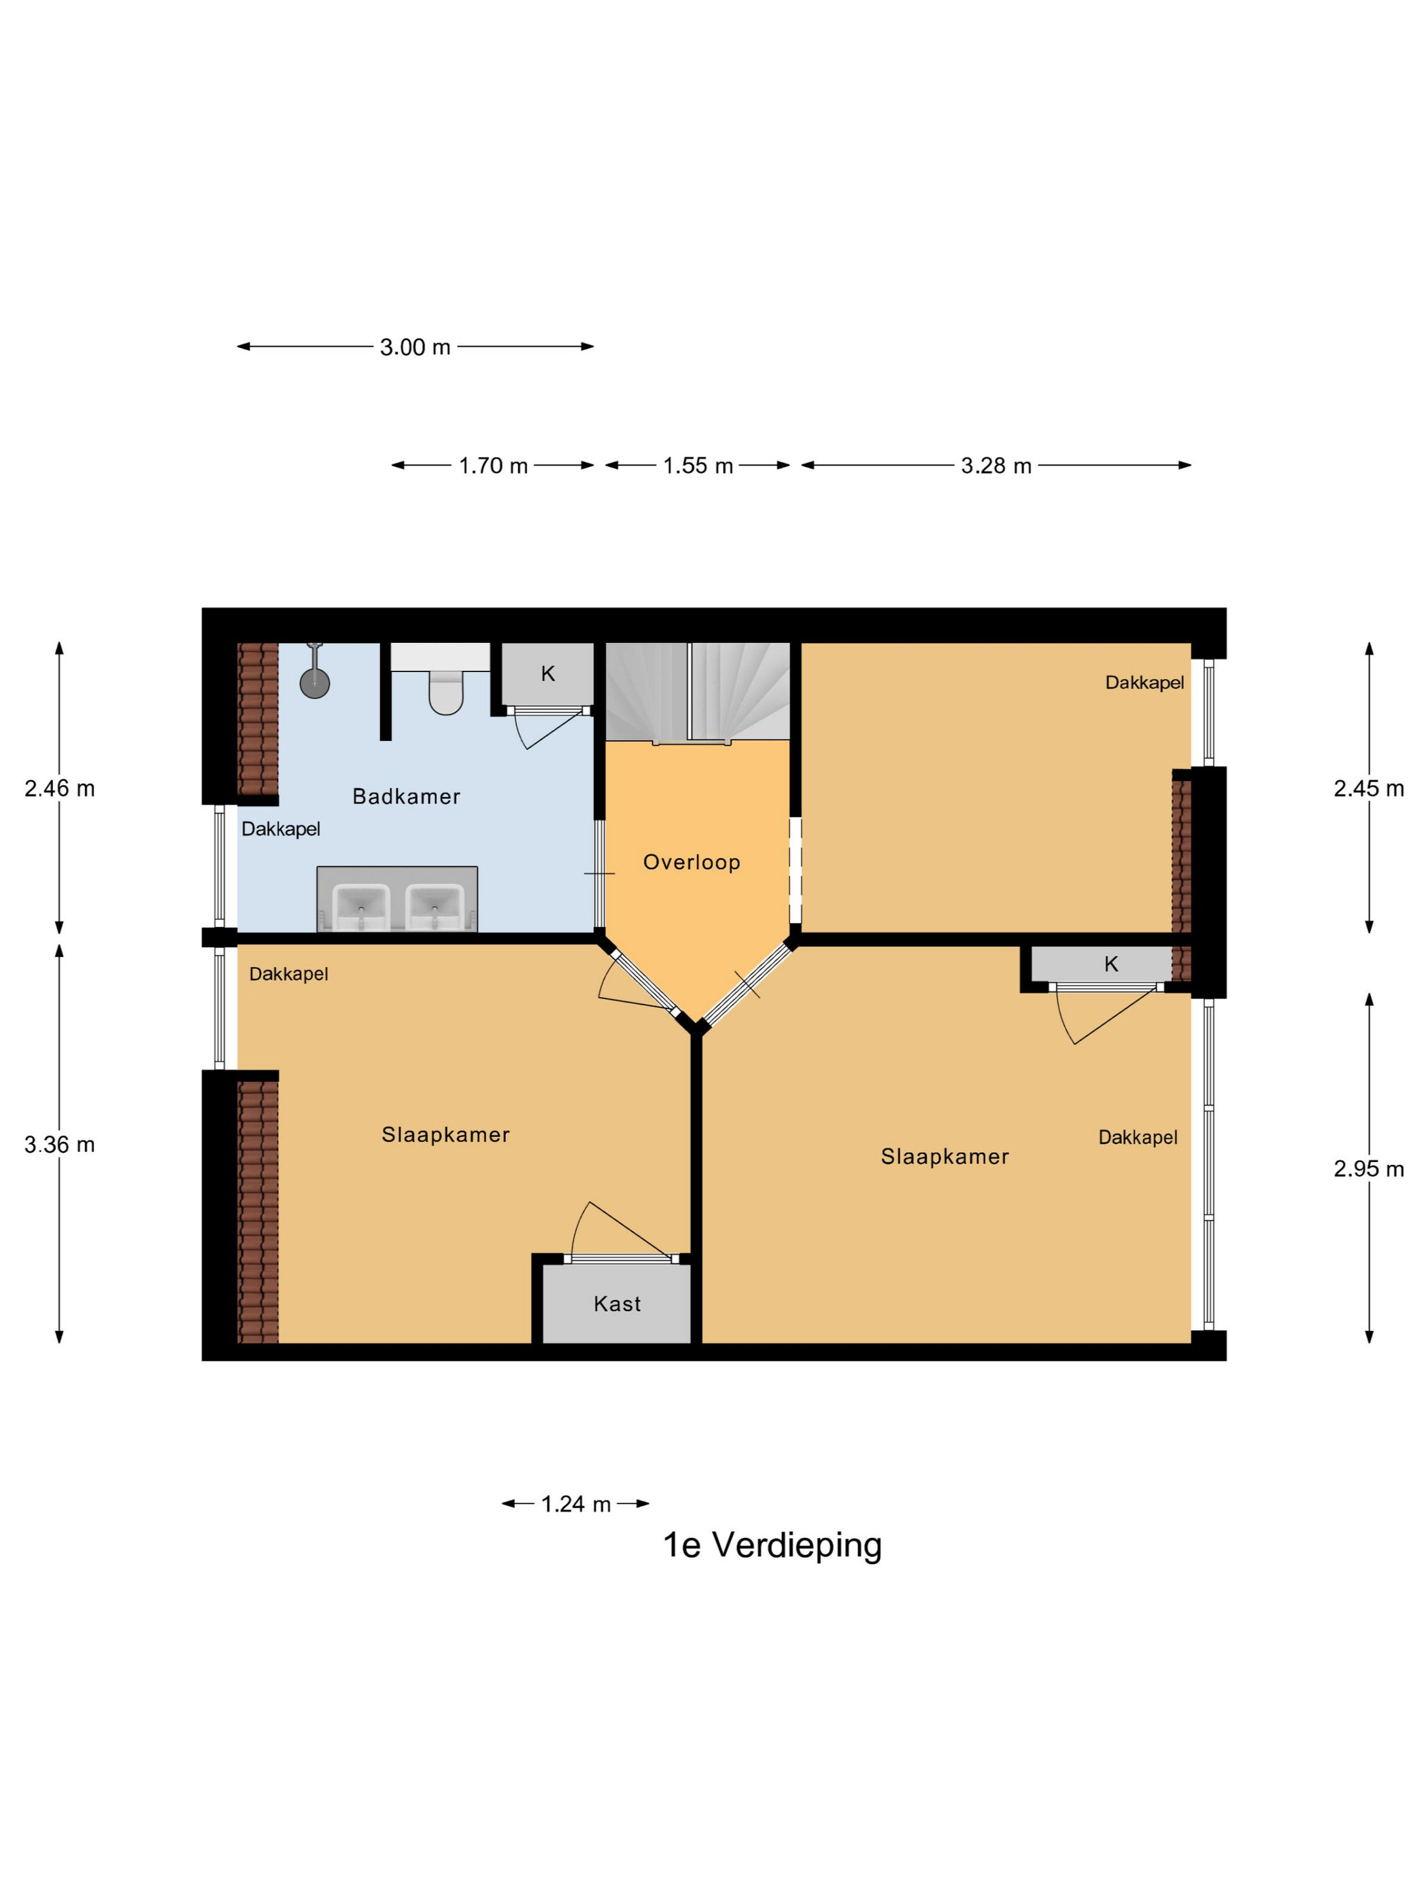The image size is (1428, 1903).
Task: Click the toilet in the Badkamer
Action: click(446, 690)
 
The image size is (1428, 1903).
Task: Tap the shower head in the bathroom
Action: click(314, 682)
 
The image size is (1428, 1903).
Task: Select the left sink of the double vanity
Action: click(360, 905)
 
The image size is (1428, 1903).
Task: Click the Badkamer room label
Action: click(406, 797)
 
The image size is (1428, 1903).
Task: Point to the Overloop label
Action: click(691, 862)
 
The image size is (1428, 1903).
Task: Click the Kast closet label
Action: click(617, 1304)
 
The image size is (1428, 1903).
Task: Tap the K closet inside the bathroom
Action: click(547, 674)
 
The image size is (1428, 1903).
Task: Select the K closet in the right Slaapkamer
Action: click(1110, 964)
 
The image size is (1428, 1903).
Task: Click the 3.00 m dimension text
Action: click(415, 347)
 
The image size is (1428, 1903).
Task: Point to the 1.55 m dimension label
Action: click(697, 466)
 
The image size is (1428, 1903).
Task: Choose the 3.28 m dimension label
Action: click(996, 466)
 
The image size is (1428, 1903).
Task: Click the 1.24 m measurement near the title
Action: click(575, 1504)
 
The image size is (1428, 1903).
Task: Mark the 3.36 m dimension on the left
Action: click(59, 1145)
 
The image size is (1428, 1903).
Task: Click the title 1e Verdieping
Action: click(772, 1545)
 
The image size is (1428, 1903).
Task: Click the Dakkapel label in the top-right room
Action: click(1144, 682)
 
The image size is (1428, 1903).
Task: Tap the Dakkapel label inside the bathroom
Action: click(281, 829)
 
